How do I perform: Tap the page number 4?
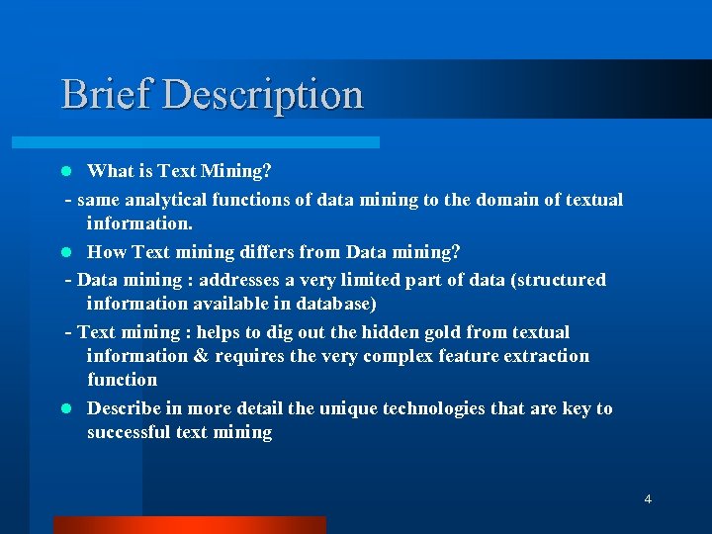(x=648, y=499)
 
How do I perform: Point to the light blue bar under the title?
(x=218, y=142)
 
